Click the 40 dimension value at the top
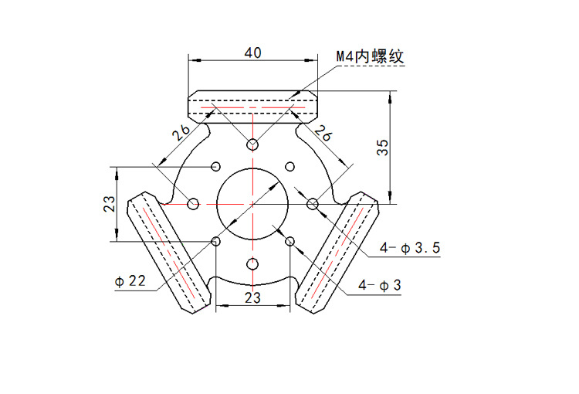pos(252,53)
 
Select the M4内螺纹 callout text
pos(370,56)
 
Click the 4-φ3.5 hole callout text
pos(410,248)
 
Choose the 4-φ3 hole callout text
pos(380,285)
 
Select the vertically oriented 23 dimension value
pos(110,203)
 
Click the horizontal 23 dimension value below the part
pos(252,297)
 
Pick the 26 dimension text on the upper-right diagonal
pos(323,132)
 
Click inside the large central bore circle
pos(252,203)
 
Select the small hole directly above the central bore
pos(252,144)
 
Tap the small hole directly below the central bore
pos(252,264)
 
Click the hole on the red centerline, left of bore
pos(193,203)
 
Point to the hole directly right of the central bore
pos(313,203)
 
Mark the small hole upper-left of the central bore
pos(215,165)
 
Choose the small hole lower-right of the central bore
pos(290,242)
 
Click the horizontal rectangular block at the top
pos(252,107)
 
